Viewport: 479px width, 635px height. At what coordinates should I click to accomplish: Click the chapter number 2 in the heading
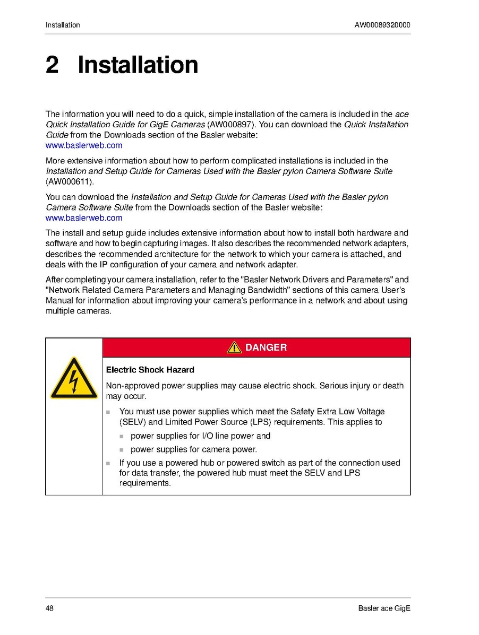tap(52, 65)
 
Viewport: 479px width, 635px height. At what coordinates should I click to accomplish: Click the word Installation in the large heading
tap(138, 65)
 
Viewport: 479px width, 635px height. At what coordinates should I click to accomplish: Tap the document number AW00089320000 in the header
tap(382, 25)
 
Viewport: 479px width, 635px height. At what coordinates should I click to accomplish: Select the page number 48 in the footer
tap(50, 608)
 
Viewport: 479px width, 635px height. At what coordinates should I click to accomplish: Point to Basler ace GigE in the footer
tap(384, 608)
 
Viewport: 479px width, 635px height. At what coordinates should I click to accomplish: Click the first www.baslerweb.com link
tap(84, 145)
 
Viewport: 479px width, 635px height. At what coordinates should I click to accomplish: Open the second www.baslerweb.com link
tap(84, 218)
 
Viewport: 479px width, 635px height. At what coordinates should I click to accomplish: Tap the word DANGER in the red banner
tap(266, 347)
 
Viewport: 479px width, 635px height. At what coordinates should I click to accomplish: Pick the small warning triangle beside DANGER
tap(234, 347)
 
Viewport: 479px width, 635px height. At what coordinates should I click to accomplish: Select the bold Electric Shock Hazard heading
tap(150, 370)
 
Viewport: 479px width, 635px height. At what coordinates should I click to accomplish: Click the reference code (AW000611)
tap(69, 182)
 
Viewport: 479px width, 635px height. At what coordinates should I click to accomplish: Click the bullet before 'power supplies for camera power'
tap(121, 449)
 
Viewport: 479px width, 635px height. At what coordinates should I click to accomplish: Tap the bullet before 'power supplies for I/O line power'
tap(121, 436)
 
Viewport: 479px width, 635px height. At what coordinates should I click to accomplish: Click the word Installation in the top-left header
tap(63, 25)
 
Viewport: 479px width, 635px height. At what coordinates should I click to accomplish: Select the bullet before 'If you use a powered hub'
tap(108, 463)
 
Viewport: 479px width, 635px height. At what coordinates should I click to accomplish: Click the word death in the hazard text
tap(393, 386)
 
